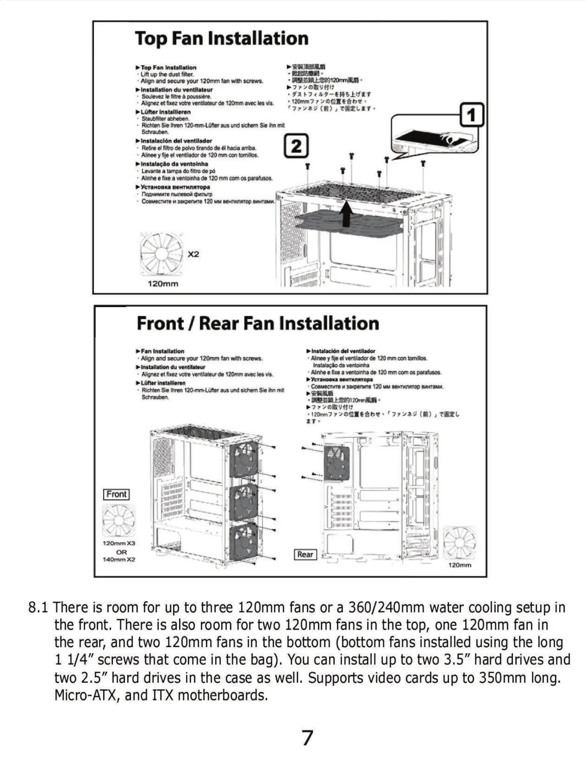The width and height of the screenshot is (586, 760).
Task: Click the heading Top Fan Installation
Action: (222, 39)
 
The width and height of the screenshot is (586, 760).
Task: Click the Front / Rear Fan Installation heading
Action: (258, 324)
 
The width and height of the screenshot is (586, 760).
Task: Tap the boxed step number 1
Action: (472, 115)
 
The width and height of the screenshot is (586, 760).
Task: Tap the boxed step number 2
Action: (296, 146)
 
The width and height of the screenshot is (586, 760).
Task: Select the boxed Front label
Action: (116, 494)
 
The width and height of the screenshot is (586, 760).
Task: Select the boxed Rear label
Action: (305, 555)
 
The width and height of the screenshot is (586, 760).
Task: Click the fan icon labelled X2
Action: (161, 254)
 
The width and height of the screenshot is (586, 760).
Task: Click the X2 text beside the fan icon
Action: (193, 254)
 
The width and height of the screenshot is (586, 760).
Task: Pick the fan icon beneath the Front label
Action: (118, 520)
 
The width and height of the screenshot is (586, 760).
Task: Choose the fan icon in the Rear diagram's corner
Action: (459, 543)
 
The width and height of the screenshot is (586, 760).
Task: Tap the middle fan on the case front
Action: (244, 502)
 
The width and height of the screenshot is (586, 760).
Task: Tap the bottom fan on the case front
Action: (244, 543)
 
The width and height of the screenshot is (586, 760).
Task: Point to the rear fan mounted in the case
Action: (337, 463)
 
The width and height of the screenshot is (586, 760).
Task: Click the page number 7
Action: (307, 737)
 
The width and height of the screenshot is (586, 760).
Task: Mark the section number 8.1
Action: (38, 607)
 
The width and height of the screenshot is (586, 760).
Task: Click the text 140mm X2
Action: (119, 559)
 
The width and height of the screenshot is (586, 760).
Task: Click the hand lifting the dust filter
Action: (452, 138)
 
